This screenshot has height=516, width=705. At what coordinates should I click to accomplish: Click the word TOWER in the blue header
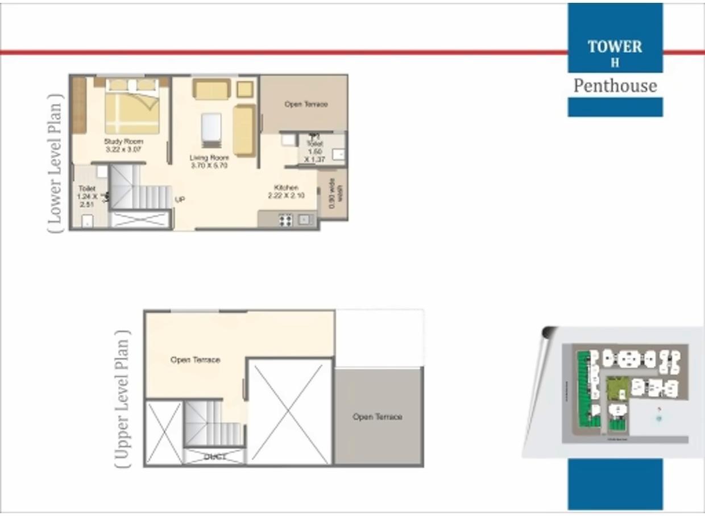[615, 47]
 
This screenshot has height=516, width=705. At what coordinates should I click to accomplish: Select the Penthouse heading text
[615, 86]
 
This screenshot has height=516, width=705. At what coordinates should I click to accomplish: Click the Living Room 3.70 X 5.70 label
[209, 161]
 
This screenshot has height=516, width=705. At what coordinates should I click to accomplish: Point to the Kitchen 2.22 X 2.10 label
[286, 192]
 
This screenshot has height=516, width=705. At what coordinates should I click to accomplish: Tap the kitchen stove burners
[285, 219]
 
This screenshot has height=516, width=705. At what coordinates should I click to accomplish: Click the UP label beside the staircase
[180, 199]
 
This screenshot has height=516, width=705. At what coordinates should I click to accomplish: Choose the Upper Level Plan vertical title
[122, 397]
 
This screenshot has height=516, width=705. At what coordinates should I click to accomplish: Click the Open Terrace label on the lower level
[306, 105]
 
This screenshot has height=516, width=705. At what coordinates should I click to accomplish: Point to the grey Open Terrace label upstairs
[377, 417]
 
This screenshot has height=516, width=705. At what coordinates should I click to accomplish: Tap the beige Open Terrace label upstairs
[195, 360]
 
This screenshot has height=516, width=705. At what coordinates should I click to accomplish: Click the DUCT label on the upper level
[214, 456]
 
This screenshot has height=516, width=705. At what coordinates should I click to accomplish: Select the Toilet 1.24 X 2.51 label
[88, 197]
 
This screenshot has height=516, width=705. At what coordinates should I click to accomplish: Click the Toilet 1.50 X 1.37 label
[314, 152]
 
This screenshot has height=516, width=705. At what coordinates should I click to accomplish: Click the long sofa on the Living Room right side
[243, 130]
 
